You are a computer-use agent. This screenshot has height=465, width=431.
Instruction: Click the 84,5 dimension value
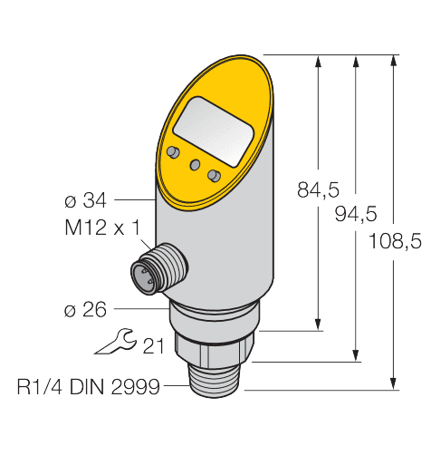pos(318,190)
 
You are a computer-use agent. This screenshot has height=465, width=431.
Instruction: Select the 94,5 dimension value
pos(355,214)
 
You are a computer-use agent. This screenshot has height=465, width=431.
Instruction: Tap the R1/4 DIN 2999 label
pos(88,387)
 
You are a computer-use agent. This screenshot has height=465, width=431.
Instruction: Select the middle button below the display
pos(194,163)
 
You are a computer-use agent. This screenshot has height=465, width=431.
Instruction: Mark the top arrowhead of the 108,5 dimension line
pos(394,62)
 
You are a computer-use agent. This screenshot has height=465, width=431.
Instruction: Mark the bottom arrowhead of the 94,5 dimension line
pos(356,354)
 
